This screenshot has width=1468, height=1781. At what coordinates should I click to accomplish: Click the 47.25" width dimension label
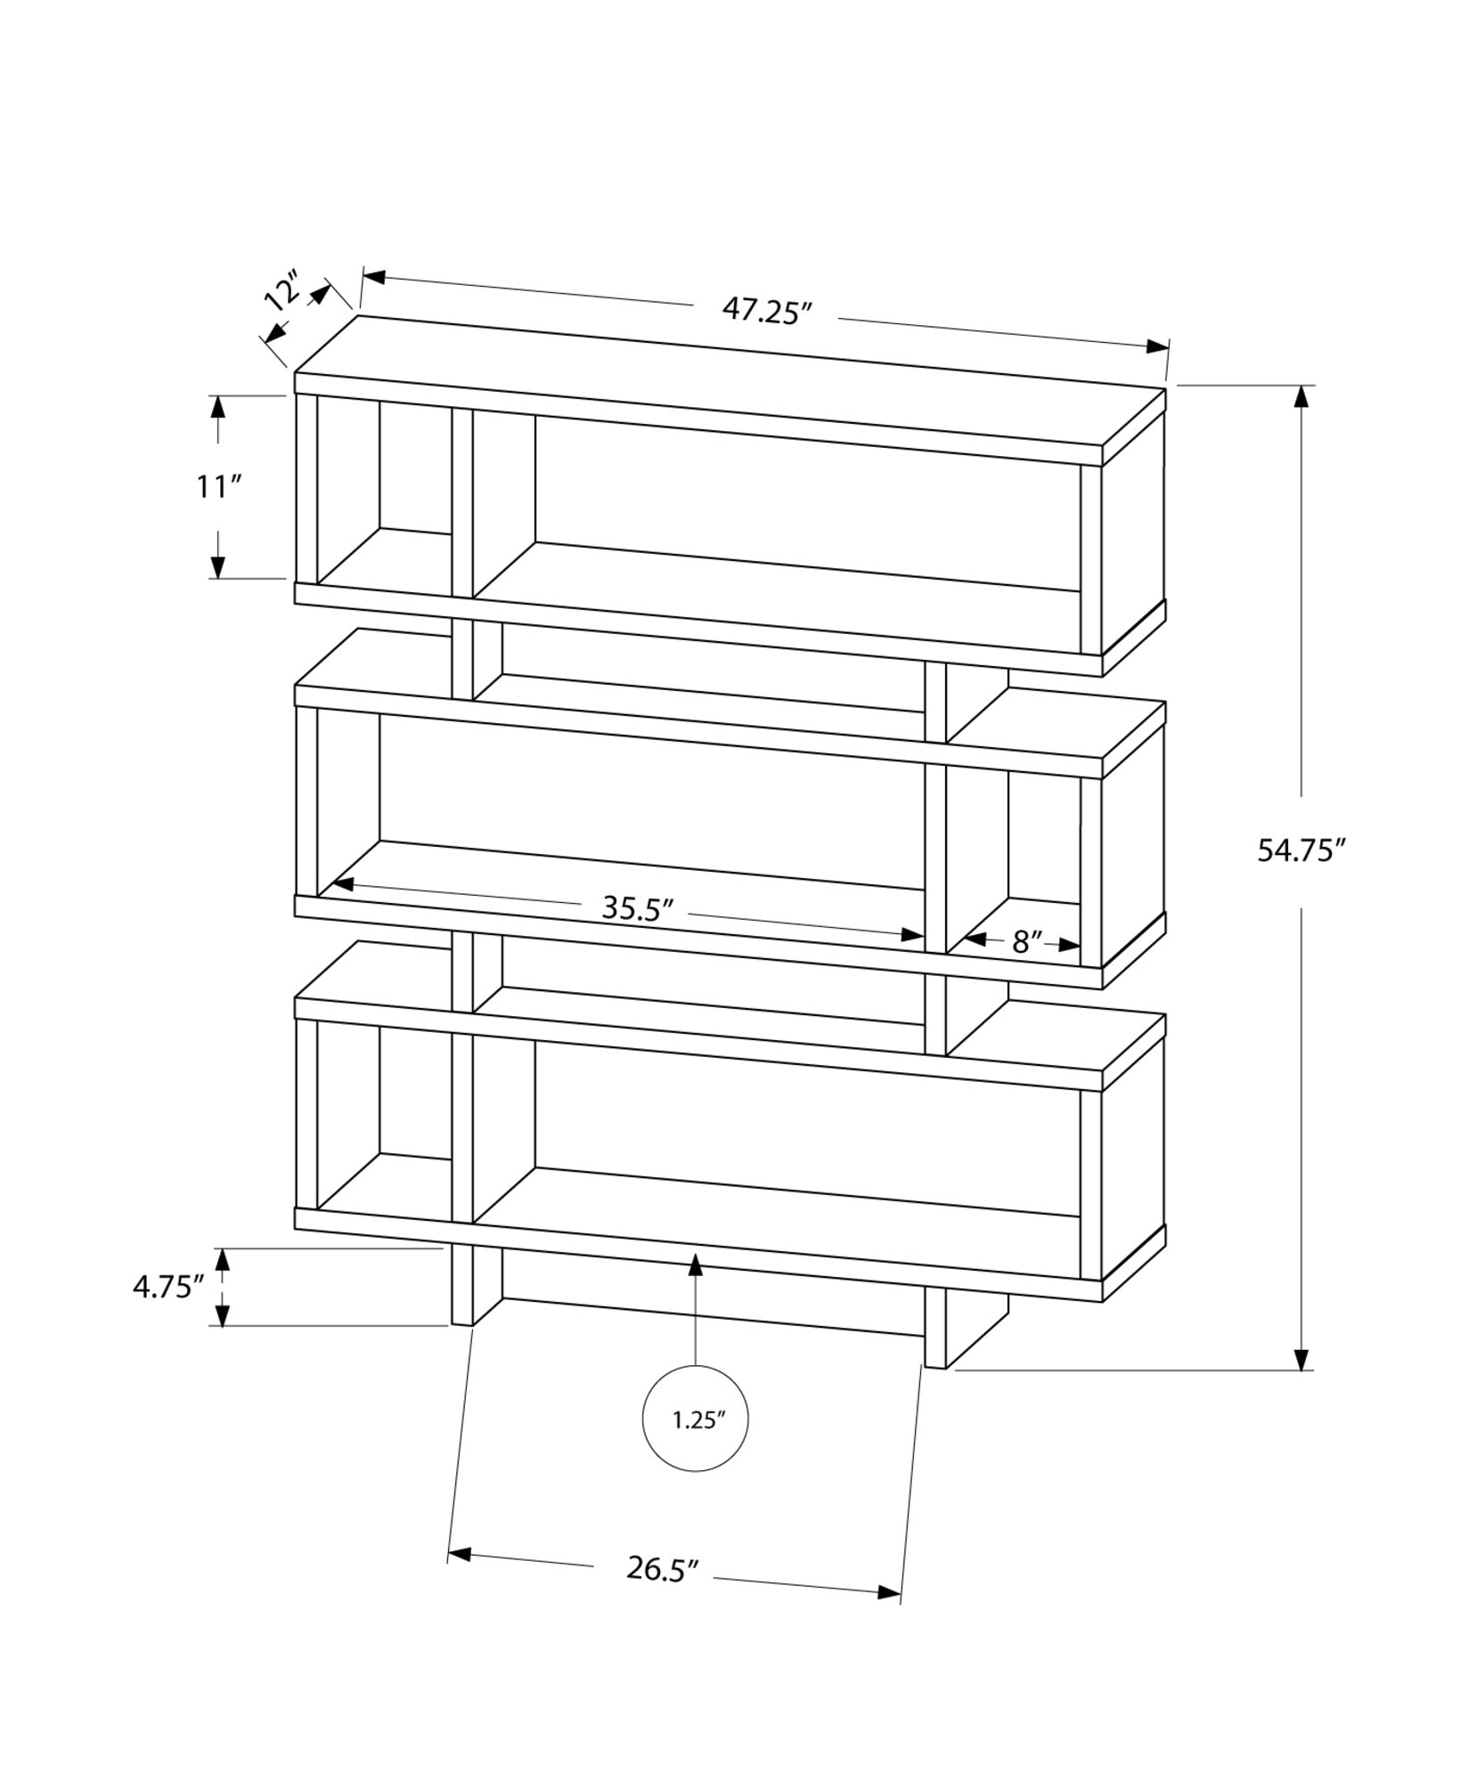point(767,311)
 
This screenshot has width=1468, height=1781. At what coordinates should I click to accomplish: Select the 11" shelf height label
point(219,487)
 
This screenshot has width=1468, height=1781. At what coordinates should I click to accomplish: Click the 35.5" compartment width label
point(637,907)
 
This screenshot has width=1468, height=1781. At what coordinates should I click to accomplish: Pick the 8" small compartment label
point(1027,942)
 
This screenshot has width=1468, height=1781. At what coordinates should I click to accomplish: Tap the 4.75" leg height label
point(168,1287)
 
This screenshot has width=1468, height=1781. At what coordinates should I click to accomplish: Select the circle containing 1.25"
point(695,1444)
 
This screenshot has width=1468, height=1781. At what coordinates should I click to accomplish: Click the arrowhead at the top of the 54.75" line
point(1302,397)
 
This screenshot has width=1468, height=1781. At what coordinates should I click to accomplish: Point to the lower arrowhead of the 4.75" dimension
point(223,1315)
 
